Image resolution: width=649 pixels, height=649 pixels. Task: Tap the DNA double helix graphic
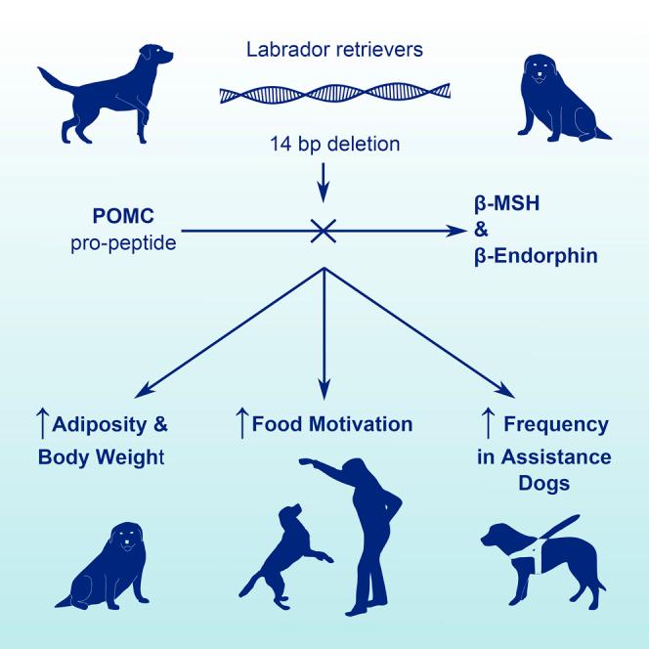pyautogui.click(x=324, y=95)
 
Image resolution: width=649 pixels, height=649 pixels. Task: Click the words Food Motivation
pyautogui.click(x=332, y=425)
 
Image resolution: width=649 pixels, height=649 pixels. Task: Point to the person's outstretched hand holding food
pyautogui.click(x=305, y=461)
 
